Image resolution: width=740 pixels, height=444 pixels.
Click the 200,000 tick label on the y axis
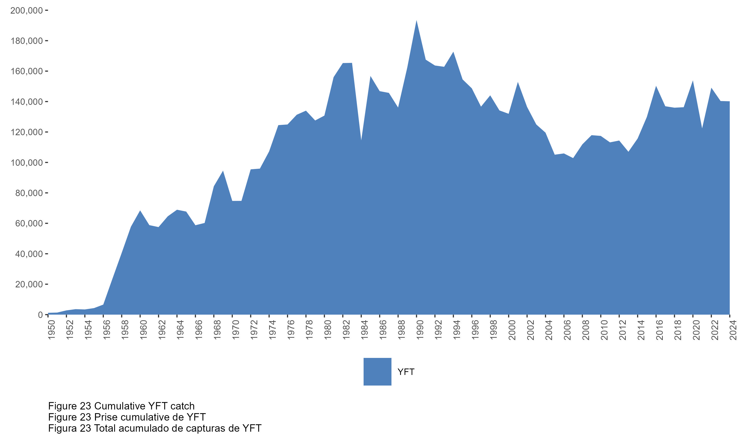[x=26, y=11]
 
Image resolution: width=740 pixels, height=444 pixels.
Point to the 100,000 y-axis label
[x=26, y=163]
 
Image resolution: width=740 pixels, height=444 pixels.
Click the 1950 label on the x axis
[x=52, y=330]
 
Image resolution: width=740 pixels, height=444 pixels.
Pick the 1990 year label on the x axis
[x=420, y=330]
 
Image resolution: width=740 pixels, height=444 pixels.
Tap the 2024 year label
[x=733, y=330]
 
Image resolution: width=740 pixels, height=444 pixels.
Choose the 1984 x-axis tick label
[x=365, y=330]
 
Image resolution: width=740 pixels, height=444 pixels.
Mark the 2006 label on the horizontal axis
[x=567, y=330]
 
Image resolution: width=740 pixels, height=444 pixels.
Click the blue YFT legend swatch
[x=377, y=371]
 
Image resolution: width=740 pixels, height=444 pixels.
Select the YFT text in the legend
[x=406, y=372]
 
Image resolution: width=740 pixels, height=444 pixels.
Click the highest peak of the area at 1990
[x=416, y=21]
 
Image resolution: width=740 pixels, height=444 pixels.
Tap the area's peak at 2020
[x=693, y=81]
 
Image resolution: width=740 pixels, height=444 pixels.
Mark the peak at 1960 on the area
[x=140, y=211]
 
